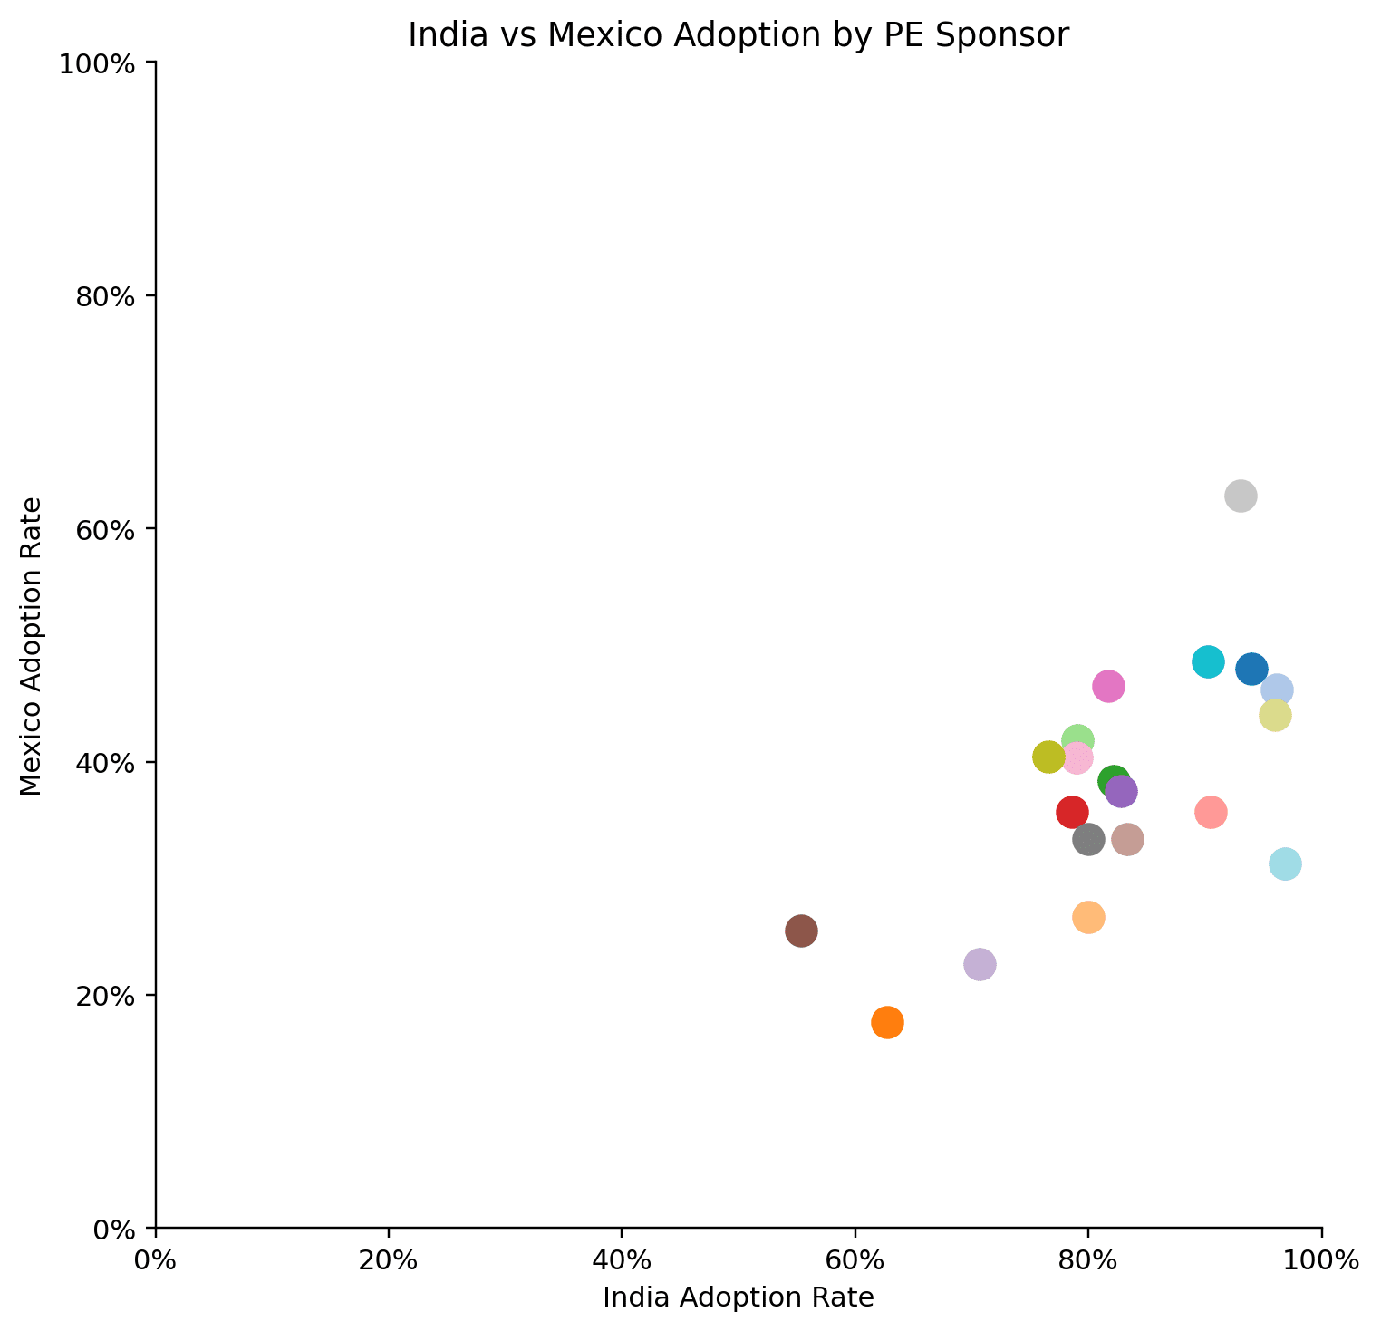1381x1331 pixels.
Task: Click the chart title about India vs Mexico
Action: click(x=739, y=35)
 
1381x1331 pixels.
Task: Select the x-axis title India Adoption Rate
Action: click(x=739, y=1298)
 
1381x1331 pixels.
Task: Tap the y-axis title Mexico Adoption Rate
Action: click(x=32, y=645)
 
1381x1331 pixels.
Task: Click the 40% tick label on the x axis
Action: click(x=622, y=1260)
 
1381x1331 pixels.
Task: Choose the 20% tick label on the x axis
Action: click(x=389, y=1260)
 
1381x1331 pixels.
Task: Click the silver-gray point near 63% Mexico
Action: click(x=1241, y=496)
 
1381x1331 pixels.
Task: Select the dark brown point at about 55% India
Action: click(x=801, y=931)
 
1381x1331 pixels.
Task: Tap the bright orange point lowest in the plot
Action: click(x=887, y=1022)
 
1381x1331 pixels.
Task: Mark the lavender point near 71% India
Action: click(x=980, y=964)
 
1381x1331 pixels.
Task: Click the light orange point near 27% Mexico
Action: click(x=1088, y=917)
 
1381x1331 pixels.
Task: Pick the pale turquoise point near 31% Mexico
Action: click(x=1285, y=864)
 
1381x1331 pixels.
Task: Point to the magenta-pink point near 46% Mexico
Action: click(x=1108, y=687)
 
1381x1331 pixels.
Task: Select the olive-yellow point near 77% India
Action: click(x=1048, y=757)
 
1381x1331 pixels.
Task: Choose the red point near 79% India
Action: click(x=1072, y=812)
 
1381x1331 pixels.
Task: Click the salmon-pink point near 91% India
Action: click(x=1211, y=812)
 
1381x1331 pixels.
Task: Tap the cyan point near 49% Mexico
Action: click(x=1208, y=661)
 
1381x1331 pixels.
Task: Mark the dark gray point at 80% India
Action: click(x=1088, y=839)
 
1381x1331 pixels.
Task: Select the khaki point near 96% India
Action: click(x=1275, y=715)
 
